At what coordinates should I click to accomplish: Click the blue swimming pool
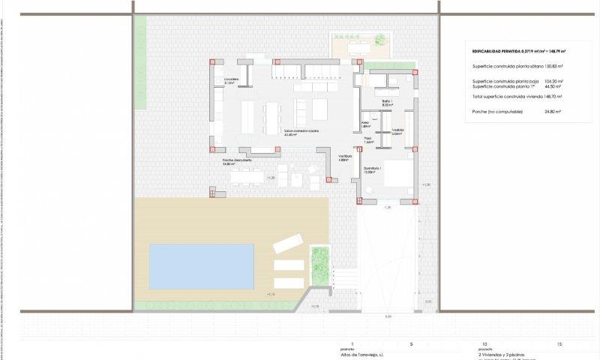click(201, 265)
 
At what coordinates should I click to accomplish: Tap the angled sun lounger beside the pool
click(287, 244)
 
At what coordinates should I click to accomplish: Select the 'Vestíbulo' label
click(344, 157)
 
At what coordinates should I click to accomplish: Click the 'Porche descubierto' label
click(236, 161)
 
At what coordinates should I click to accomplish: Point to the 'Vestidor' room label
click(397, 131)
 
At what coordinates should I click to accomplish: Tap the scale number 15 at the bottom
click(559, 343)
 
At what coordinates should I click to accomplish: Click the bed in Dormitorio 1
click(397, 174)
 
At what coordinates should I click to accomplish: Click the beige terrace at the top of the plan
click(358, 46)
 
